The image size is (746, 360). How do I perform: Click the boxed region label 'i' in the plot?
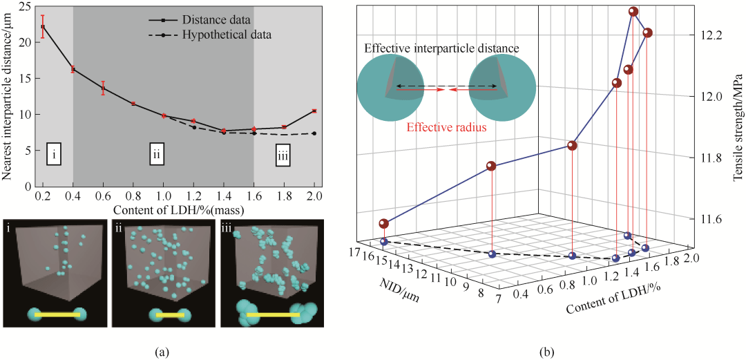tap(54, 155)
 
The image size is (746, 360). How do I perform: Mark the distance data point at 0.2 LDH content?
tap(43, 27)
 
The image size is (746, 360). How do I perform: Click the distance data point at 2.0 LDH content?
tap(314, 111)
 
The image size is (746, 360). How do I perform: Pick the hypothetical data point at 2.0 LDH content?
tap(314, 133)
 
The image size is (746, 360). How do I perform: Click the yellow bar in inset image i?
tap(57, 314)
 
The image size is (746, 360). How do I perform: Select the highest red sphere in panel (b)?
tap(633, 12)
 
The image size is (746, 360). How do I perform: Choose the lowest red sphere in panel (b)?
tap(384, 224)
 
